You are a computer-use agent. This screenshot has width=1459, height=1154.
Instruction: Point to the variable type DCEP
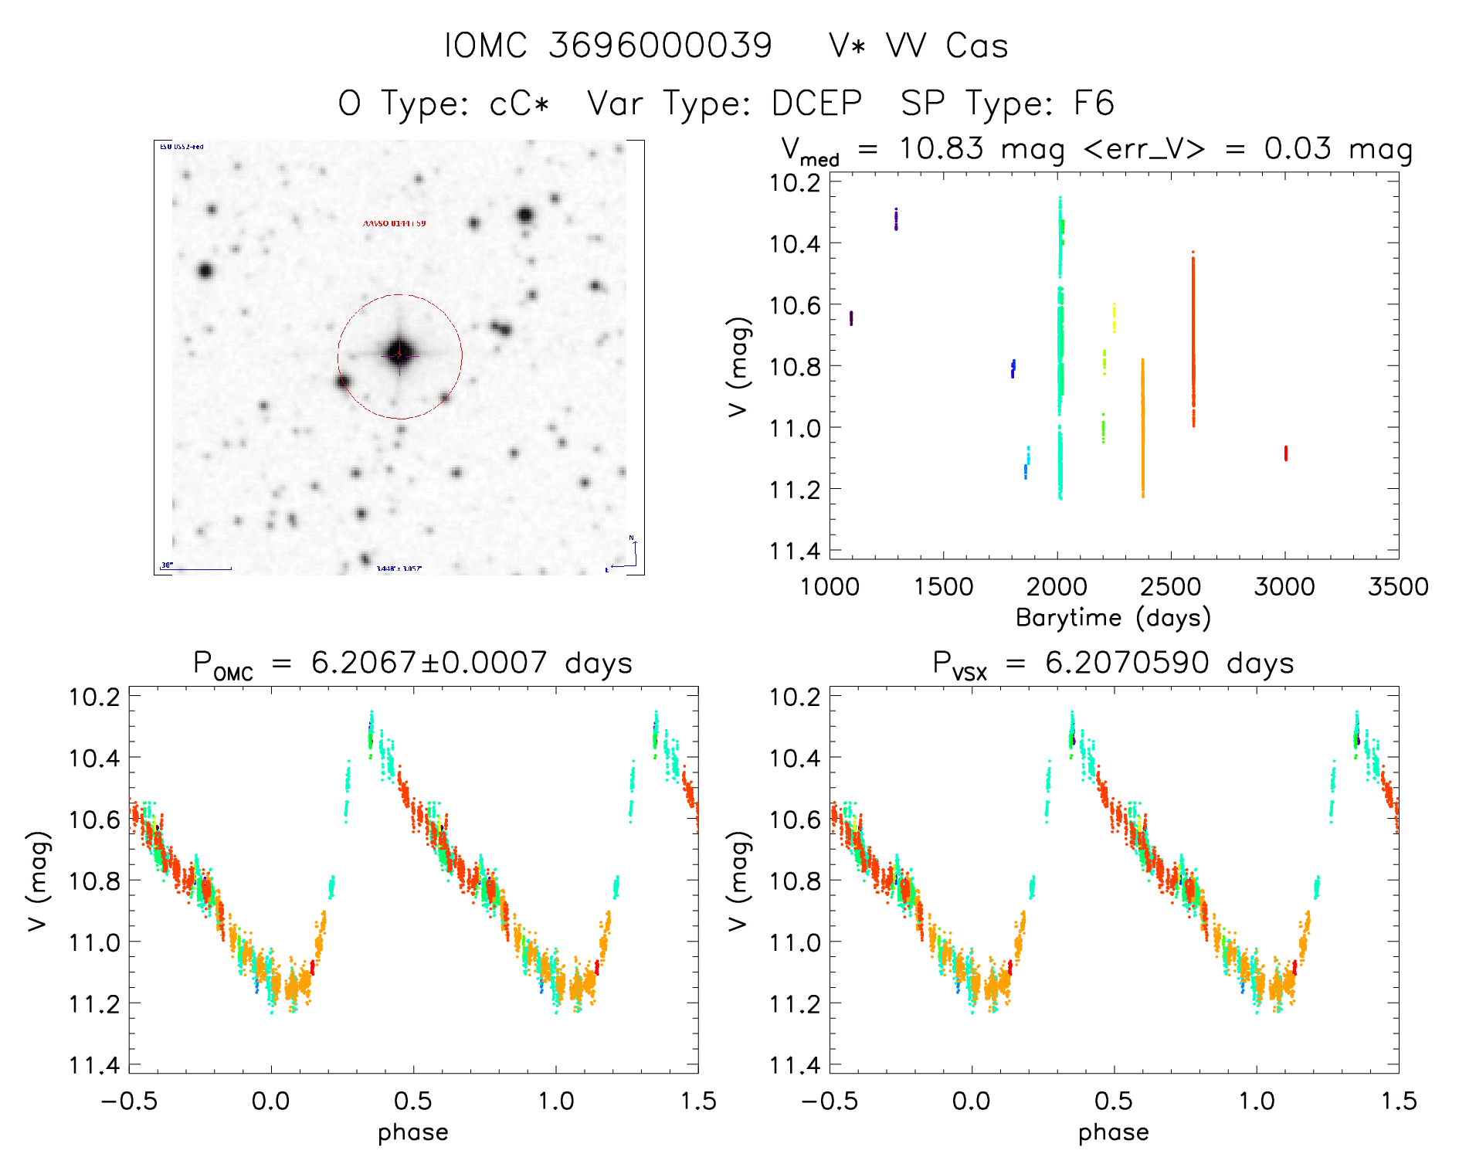pos(816,104)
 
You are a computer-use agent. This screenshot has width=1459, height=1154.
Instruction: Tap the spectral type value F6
pos(1094,104)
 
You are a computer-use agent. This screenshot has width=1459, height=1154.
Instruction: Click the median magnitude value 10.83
pos(941,148)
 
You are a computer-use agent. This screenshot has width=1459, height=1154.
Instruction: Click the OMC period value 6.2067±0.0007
pos(429,663)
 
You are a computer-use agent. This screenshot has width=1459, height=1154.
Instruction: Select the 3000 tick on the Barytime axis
pos(1284,587)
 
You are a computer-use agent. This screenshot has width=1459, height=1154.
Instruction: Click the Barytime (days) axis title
pos(1113,618)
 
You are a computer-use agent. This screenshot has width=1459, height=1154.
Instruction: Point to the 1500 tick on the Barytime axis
pos(943,587)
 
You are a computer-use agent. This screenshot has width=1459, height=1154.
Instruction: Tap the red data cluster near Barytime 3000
pos(1286,453)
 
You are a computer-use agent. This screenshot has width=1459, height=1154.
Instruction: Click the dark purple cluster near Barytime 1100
pos(851,317)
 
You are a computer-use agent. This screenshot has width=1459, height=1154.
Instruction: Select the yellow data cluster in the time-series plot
pos(1114,317)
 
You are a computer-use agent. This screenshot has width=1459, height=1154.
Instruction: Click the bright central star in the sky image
pos(399,355)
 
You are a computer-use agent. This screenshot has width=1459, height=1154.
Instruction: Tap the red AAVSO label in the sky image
pos(394,223)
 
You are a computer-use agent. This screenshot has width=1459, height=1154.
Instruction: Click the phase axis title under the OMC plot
pos(413,1132)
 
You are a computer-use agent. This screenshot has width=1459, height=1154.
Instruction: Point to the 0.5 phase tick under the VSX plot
pos(1114,1101)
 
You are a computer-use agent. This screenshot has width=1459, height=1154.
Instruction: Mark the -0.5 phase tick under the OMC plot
pos(129,1101)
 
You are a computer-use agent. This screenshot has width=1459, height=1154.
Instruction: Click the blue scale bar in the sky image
pos(202,569)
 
